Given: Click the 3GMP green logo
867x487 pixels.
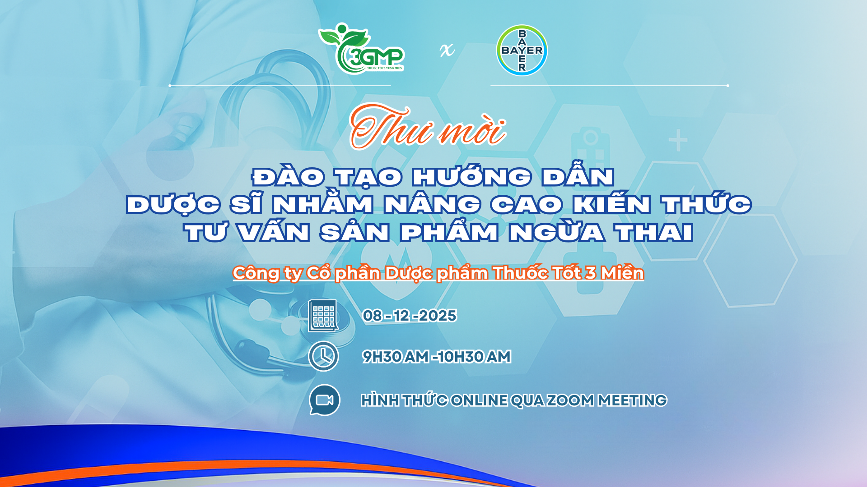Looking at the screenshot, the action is click(x=361, y=49).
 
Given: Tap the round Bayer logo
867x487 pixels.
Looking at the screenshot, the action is click(x=522, y=50).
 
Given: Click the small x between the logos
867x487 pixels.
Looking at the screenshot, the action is click(x=447, y=50).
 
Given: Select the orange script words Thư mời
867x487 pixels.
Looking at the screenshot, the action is click(x=428, y=127).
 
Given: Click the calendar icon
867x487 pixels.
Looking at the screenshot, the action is click(x=323, y=316).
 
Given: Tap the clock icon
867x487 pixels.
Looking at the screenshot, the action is click(x=323, y=356).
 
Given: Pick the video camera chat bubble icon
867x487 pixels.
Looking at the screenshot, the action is click(x=324, y=400).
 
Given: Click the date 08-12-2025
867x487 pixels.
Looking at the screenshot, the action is click(x=410, y=316).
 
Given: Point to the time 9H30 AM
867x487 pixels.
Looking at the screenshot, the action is click(x=396, y=357).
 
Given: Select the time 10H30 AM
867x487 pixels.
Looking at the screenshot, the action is click(x=474, y=357).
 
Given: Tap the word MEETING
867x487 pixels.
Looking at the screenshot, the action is click(x=632, y=400).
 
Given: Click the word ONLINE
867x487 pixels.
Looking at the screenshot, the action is click(x=479, y=400).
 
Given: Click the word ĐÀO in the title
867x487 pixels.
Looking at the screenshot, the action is click(x=288, y=176).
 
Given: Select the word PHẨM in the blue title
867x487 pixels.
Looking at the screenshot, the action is click(x=449, y=232).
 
